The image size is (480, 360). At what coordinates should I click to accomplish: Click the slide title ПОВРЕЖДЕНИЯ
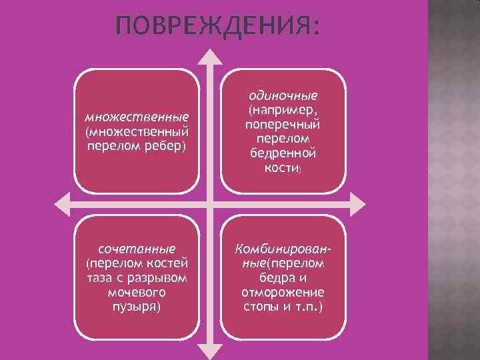tap(217, 27)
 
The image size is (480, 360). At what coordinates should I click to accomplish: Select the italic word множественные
tap(137, 117)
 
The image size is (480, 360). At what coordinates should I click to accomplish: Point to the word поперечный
tap(283, 124)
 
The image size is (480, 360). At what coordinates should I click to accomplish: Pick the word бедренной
tap(283, 154)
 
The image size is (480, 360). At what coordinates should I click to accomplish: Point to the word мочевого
tap(137, 292)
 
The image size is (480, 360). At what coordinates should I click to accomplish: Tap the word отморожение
tap(283, 292)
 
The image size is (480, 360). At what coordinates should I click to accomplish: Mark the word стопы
tap(261, 307)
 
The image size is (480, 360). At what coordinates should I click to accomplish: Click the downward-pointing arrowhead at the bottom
tap(209, 351)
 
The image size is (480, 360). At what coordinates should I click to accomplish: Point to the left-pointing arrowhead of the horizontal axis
tap(63, 202)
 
